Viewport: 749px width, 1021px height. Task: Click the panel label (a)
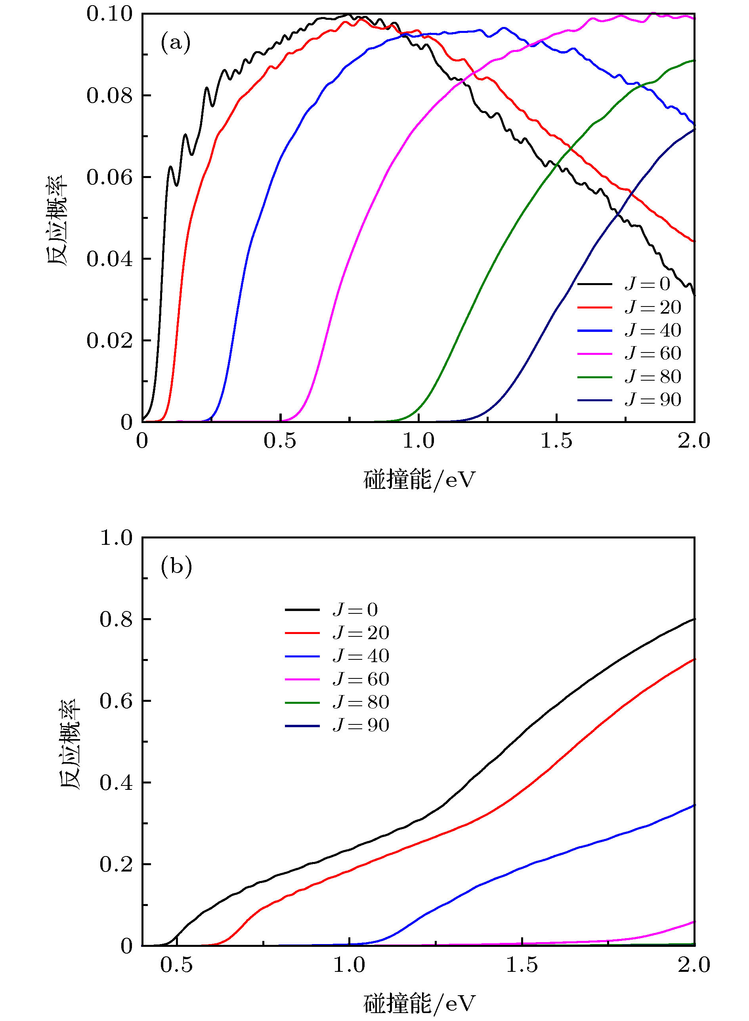176,43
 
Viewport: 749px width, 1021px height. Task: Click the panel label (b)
176,567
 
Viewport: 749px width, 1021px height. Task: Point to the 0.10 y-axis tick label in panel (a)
110,14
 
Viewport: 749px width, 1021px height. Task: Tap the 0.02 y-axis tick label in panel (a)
110,341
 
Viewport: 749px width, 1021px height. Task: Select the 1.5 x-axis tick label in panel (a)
556,441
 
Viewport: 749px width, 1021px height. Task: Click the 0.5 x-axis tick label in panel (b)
176,964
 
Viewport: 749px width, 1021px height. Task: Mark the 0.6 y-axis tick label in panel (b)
116,701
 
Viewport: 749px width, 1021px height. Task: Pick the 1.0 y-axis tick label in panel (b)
116,538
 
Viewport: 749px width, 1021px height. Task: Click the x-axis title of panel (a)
419,480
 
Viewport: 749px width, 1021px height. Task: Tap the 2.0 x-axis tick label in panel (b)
694,964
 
